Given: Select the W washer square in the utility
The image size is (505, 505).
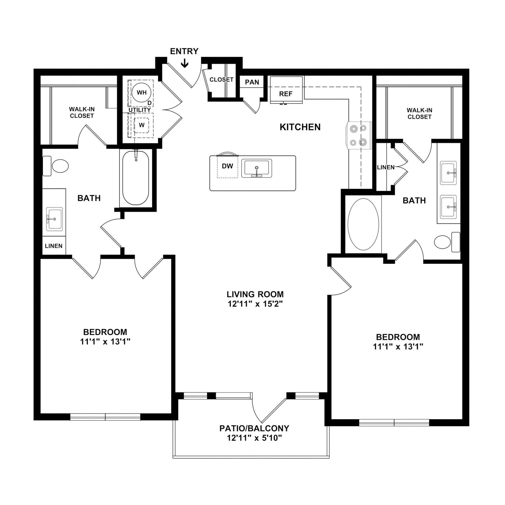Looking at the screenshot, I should tap(141, 125).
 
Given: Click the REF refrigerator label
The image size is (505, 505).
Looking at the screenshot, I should tap(286, 94).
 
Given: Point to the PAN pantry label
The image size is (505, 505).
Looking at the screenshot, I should tap(252, 82).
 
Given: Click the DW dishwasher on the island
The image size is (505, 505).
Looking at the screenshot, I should tap(227, 166).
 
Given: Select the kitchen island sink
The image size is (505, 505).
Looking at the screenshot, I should tap(256, 168).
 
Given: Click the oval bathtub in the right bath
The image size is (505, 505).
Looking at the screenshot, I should tap(363, 224).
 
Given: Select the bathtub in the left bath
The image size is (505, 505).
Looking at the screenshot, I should tap(135, 178).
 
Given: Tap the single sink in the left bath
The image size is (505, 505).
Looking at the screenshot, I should tap(54, 219).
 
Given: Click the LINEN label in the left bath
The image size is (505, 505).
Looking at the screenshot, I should tap(54, 246).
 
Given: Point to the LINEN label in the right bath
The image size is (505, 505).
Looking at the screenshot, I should tap(386, 167).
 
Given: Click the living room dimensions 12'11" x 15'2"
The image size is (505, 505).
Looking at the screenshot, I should tap(255, 304).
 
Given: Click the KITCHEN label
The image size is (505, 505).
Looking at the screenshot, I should tap(300, 127).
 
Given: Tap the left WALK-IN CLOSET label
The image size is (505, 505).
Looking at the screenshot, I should tap(82, 112).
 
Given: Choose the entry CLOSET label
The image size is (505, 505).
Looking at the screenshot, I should tap(221, 79).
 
